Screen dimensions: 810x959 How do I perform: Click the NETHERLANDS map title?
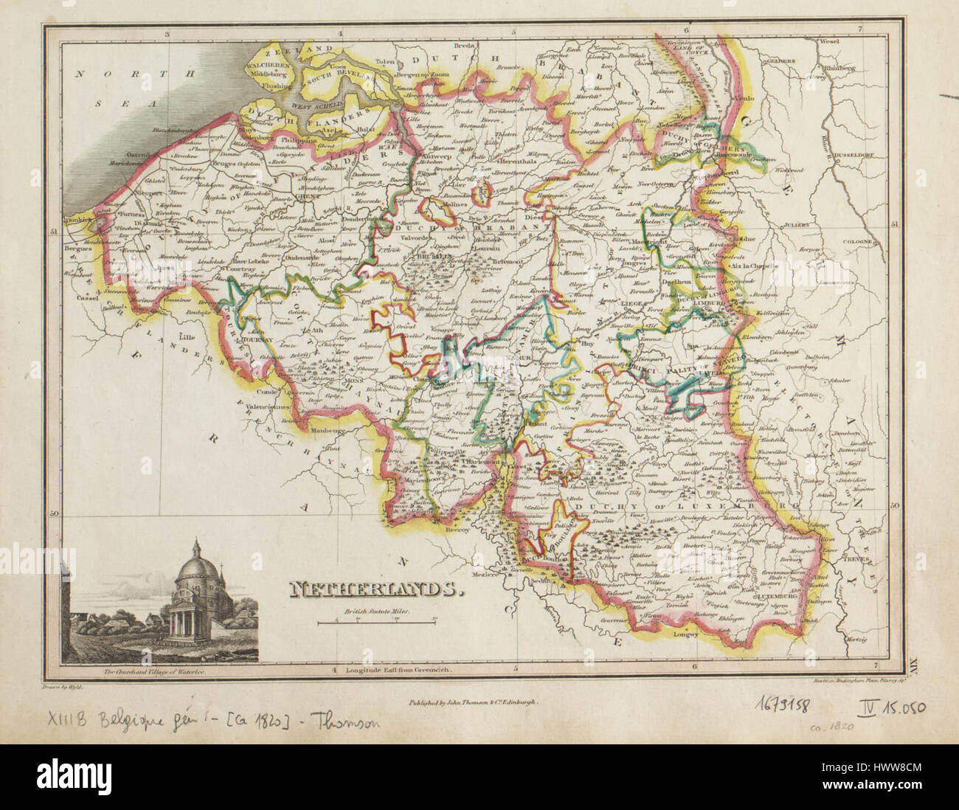[x=375, y=588]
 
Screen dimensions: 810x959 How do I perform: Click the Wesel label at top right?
[x=829, y=41]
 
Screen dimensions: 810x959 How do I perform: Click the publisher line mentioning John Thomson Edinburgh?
[x=473, y=704]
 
